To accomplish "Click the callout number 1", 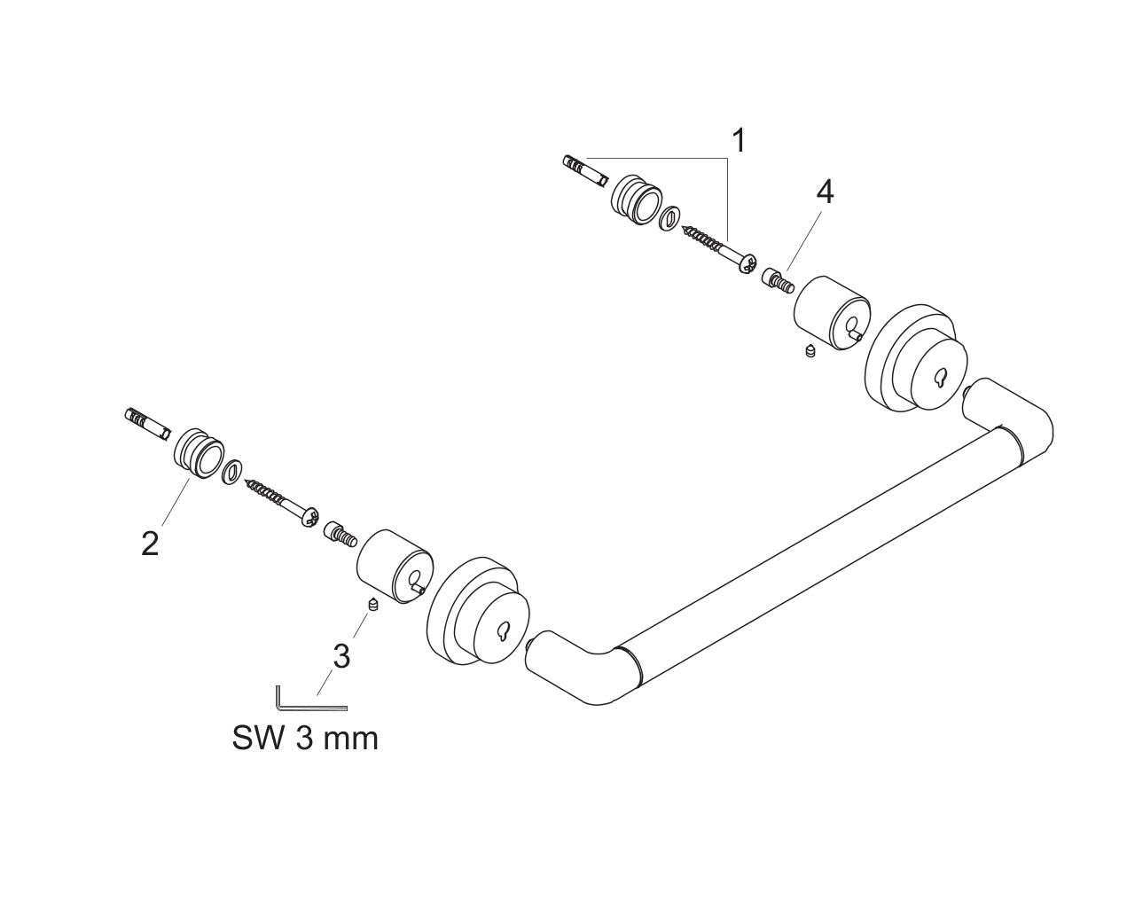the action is point(740,141).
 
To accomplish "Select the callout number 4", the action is point(825,192).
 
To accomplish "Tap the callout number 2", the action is point(151,543).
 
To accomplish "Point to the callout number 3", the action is point(341,657).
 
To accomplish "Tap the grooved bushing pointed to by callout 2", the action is point(199,453).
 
